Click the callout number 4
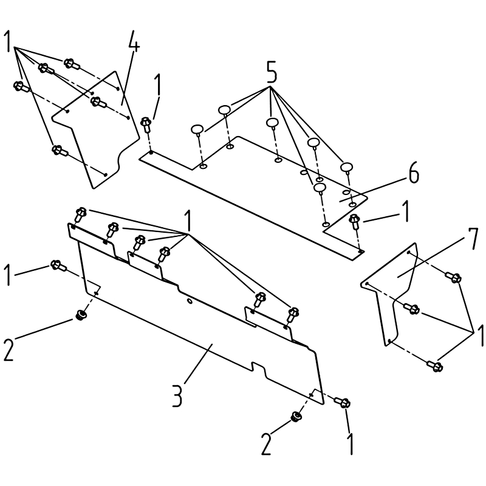134,41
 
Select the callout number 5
271,72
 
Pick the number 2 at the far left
9,351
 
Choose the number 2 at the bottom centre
266,444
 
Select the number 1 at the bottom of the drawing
351,444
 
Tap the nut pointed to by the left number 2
81,314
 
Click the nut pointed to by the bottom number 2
296,417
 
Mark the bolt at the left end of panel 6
145,125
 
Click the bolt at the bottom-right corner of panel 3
342,403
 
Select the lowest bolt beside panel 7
435,366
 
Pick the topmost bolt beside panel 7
453,277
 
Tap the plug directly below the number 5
272,123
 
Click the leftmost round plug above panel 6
197,129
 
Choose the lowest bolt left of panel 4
60,151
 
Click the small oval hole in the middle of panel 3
189,301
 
